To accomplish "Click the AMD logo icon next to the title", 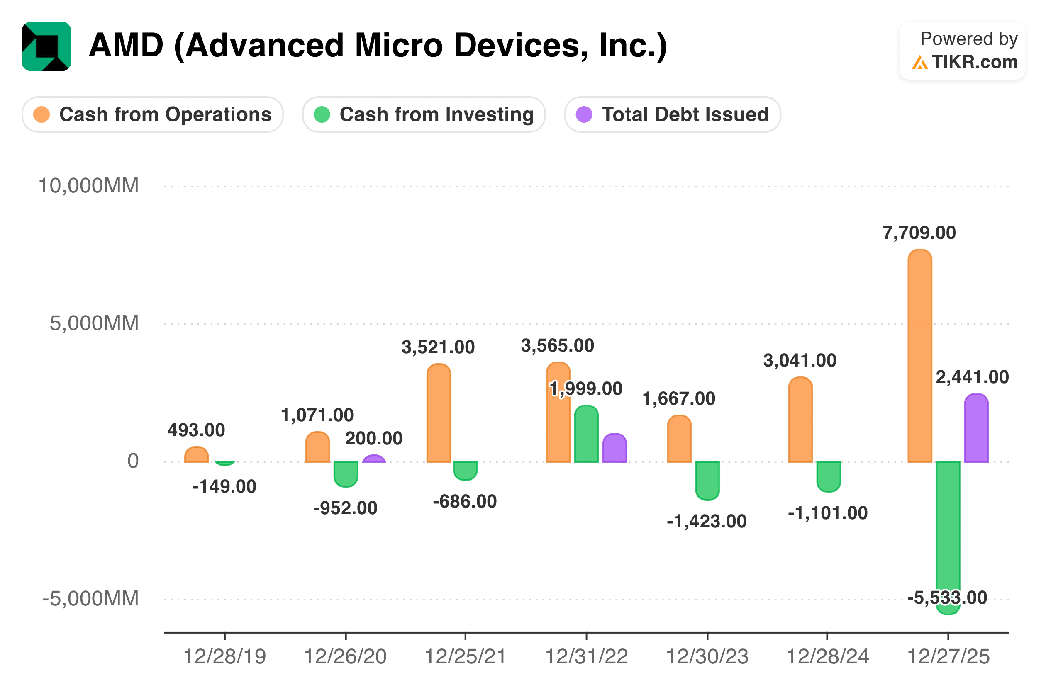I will pos(46,46).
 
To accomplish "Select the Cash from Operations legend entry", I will pos(153,115).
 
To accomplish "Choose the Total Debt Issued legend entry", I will pos(673,115).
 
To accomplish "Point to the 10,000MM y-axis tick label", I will pos(89,186).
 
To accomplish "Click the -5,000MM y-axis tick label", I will pos(91,599).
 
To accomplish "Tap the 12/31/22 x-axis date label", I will pos(586,656).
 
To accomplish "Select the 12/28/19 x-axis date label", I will pos(224,656).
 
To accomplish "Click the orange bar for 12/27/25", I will pos(919,356).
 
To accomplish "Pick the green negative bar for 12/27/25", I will pos(948,533).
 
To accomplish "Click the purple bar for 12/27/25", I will pos(976,429).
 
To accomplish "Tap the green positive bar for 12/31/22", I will pos(586,434).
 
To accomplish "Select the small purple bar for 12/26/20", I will pos(374,459).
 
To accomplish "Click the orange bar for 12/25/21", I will pos(439,413).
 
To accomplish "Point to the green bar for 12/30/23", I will pos(707,480).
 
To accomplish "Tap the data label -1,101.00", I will pos(828,513).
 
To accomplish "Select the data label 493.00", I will pos(196,430).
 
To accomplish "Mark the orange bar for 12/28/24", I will pos(800,420).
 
